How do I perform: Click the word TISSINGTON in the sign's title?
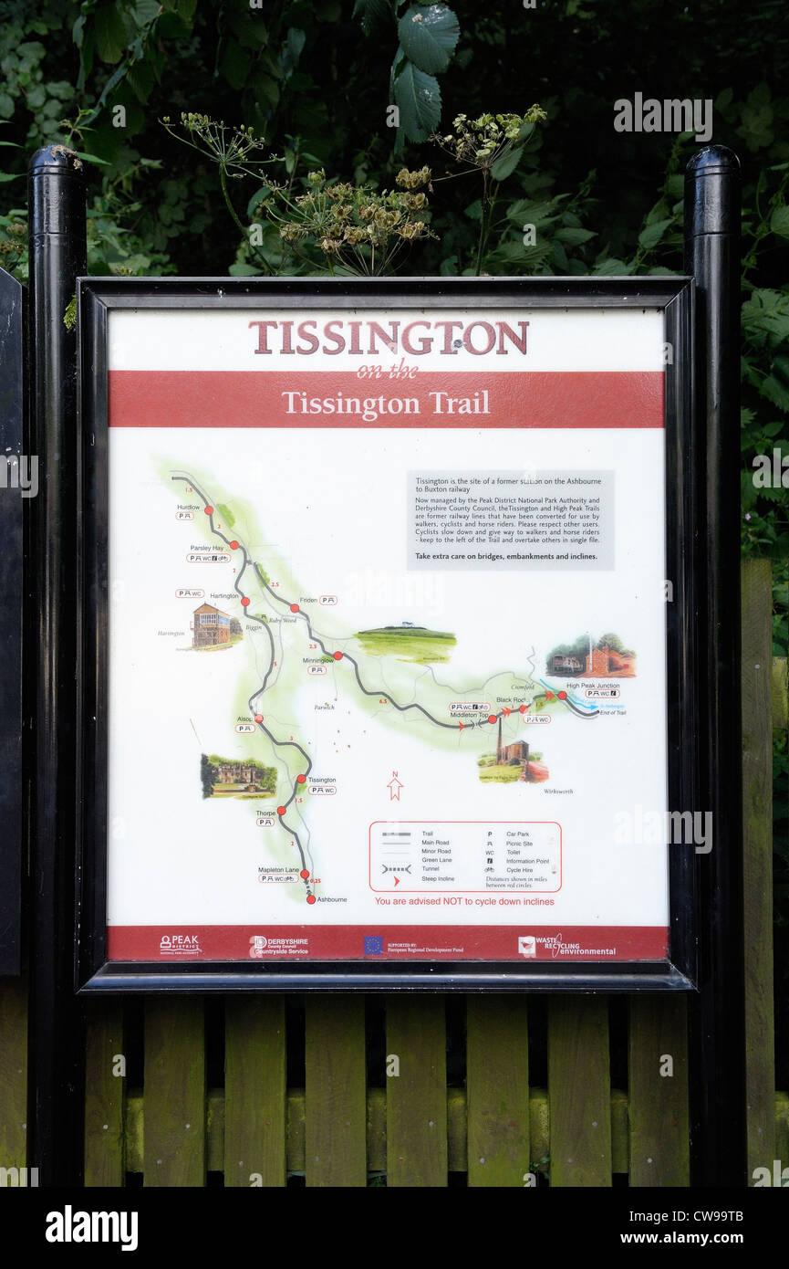pos(389,338)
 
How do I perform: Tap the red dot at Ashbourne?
pos(311,899)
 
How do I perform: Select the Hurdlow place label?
pos(189,507)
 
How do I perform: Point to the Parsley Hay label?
pos(207,548)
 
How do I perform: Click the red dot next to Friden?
pos(295,608)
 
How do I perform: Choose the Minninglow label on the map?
pos(318,659)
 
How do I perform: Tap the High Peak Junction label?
pos(592,685)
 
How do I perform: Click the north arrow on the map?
pos(395,788)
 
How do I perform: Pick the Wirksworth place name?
pos(557,792)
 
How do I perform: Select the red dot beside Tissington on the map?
pos(301,779)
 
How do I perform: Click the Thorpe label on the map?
pos(265,812)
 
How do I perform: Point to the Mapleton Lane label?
pos(278,869)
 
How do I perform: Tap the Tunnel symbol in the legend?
pos(396,868)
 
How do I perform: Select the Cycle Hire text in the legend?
pos(523,870)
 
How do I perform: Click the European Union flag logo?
pos(373,946)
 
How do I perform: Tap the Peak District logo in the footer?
pos(180,944)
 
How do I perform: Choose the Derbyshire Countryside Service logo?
pos(279,946)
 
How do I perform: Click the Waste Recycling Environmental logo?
pos(566,946)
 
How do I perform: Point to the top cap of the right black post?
pos(712,161)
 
